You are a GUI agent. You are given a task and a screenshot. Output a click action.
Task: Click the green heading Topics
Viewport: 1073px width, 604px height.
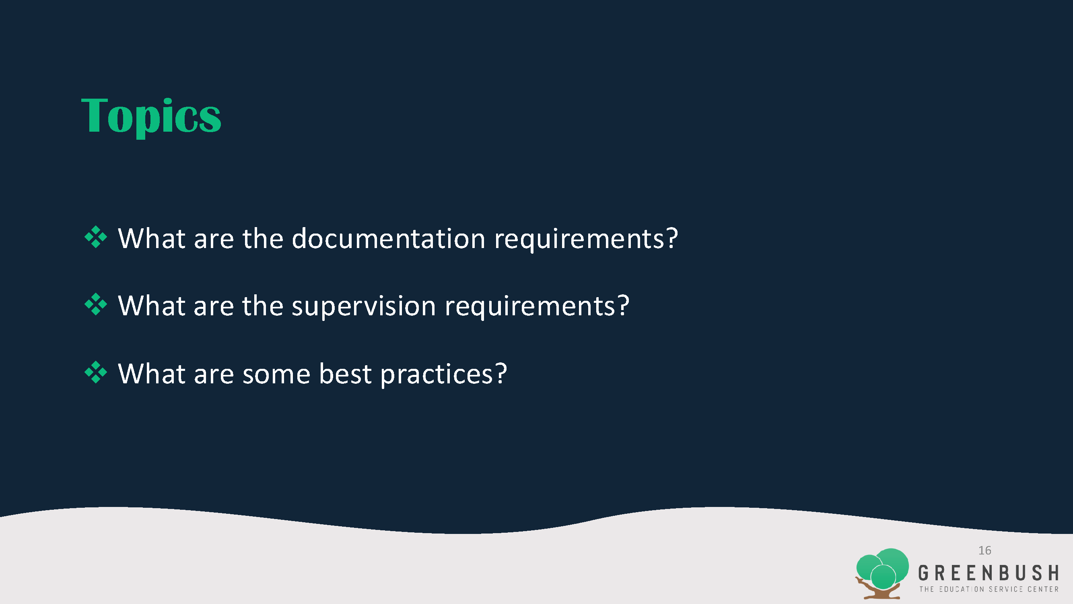point(151,117)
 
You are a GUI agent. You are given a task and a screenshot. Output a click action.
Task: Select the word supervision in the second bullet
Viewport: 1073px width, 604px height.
point(364,306)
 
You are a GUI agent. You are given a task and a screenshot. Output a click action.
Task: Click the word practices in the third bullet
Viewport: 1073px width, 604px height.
point(437,374)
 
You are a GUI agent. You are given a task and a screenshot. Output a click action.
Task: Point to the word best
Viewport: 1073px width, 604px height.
point(345,374)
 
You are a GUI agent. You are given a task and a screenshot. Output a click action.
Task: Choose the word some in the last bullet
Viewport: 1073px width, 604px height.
point(276,374)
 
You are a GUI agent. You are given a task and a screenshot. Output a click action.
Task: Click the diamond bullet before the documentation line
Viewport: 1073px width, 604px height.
point(96,237)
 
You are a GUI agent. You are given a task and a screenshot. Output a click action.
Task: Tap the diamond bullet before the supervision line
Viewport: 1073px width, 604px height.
point(96,304)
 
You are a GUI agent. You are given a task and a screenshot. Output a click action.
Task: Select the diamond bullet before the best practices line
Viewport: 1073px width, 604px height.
point(96,372)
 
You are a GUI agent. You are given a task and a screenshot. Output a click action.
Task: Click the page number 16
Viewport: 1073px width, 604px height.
point(985,550)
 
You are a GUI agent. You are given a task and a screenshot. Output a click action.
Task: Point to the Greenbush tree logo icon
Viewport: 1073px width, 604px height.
point(882,573)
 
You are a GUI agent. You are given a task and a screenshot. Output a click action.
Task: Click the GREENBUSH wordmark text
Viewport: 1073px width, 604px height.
point(989,573)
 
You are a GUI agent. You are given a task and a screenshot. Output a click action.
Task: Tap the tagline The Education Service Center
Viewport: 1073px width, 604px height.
point(989,589)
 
